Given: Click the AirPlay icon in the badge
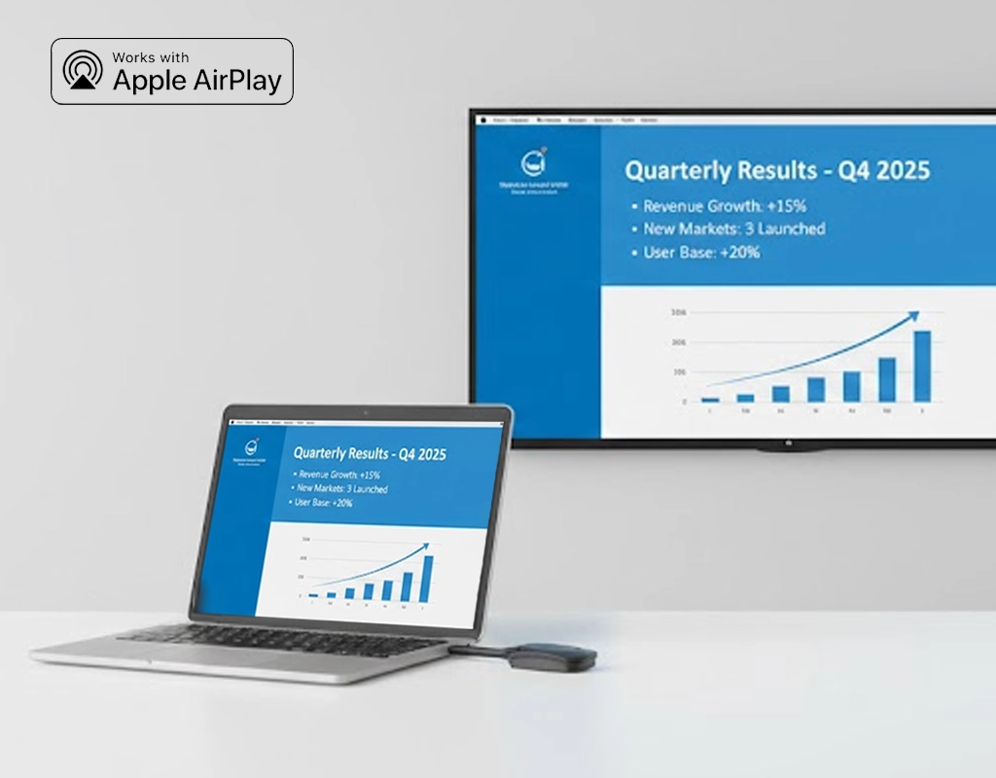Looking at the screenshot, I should [x=83, y=71].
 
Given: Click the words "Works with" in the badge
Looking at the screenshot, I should [x=152, y=56].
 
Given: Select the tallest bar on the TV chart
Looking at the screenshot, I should [x=921, y=366].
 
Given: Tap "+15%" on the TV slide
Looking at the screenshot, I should [x=785, y=206].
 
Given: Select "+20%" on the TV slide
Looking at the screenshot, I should [x=738, y=253].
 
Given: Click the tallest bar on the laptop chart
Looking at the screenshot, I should [x=427, y=572].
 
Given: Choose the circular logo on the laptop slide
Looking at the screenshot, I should [x=249, y=448].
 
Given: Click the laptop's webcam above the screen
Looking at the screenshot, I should [x=365, y=413].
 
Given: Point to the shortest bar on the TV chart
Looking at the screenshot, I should [x=710, y=399].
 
